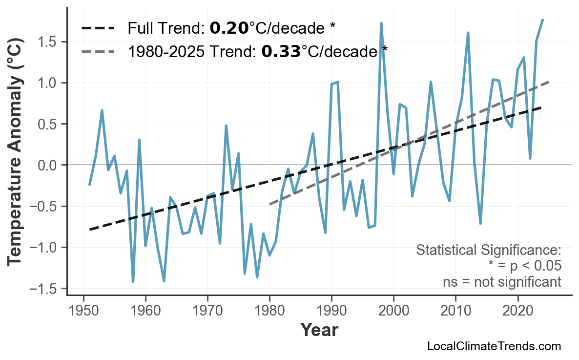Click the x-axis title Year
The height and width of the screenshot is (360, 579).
coord(319,330)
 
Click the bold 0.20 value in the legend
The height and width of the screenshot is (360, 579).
coord(229,28)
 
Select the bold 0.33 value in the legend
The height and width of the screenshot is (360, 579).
coord(281,51)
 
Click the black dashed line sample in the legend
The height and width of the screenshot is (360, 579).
coord(98,28)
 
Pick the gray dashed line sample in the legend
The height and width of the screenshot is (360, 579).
coord(98,51)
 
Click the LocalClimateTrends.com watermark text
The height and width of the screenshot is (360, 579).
coord(494,347)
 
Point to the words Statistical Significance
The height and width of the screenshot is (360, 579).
coord(488,251)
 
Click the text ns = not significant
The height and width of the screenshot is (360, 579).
coord(502,282)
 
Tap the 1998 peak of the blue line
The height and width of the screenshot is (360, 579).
coord(381,23)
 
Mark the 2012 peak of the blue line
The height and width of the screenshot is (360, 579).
coord(468,33)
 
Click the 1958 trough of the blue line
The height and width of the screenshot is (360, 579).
coord(133,282)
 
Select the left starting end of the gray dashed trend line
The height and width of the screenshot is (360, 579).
coord(270,204)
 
